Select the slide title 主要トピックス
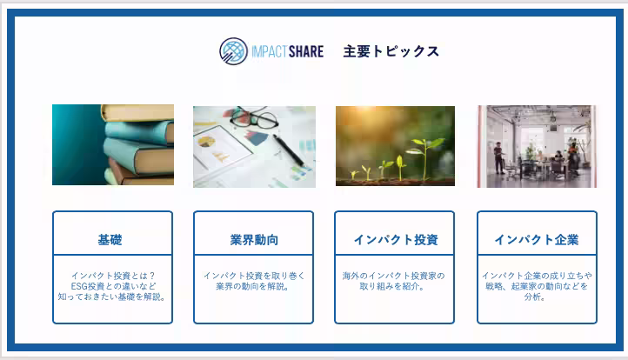391,51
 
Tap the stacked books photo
113,144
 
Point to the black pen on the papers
288,149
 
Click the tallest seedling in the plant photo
425,155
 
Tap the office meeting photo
537,146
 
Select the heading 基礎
110,240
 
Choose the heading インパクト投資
395,240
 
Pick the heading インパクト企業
537,240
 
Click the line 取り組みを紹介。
394,286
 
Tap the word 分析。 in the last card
537,297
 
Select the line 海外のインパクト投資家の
394,276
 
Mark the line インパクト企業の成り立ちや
537,276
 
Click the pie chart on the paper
210,139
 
